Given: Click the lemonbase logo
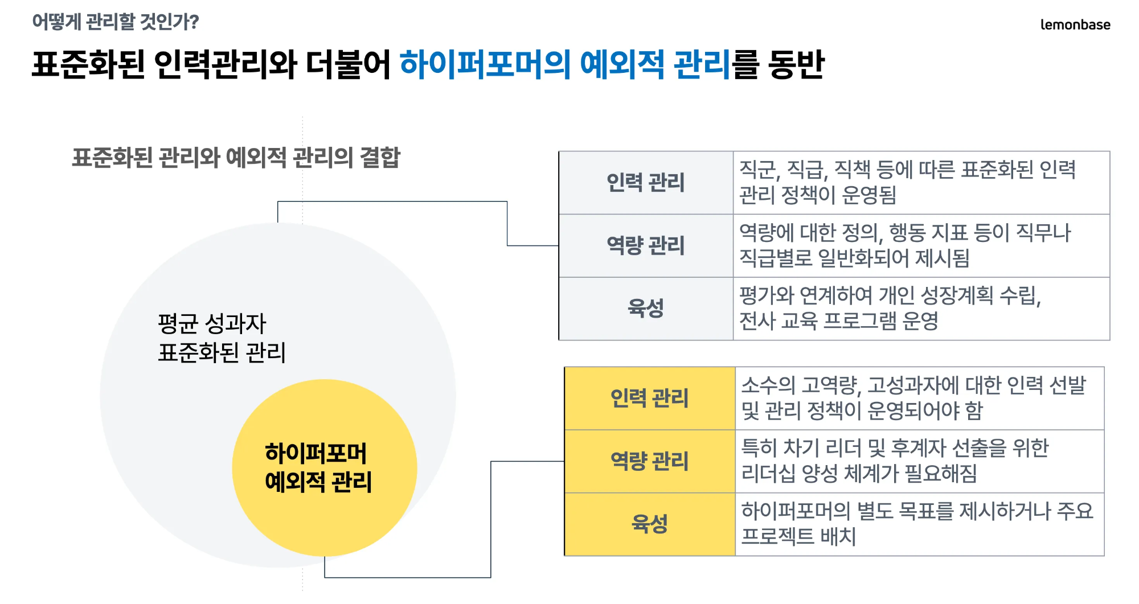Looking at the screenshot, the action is click(1075, 24).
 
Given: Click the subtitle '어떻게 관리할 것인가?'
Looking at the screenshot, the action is click(116, 22).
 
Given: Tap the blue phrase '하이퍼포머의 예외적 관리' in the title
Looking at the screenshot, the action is click(564, 64).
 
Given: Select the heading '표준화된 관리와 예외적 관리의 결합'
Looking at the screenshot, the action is click(236, 158).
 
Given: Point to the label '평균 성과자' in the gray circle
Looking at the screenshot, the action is click(212, 323).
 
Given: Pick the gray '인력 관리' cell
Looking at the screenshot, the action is click(645, 183).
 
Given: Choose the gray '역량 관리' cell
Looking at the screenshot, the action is click(645, 245).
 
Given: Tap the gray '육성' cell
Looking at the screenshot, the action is click(645, 309).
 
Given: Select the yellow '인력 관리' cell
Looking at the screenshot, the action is click(649, 398).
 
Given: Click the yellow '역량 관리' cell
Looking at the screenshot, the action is click(649, 461).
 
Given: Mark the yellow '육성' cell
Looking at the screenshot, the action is click(649, 524).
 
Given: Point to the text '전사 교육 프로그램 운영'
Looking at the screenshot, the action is click(838, 321).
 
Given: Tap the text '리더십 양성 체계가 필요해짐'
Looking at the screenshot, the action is click(859, 473).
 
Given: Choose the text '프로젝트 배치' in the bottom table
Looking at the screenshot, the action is click(798, 536).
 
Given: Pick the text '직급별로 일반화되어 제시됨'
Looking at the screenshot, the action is click(854, 258).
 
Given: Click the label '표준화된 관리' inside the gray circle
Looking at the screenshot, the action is click(222, 352).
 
